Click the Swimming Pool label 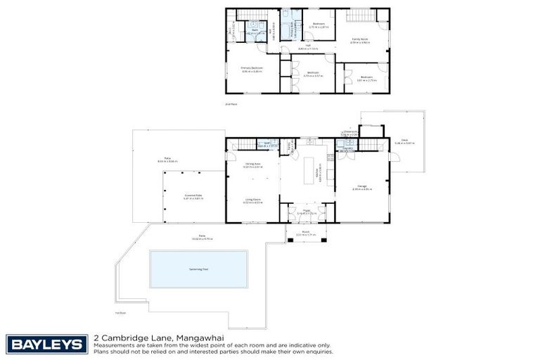pyautogui.click(x=200, y=269)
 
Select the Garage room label pyautogui.click(x=361, y=186)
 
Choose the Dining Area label pyautogui.click(x=252, y=165)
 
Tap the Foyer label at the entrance pyautogui.click(x=307, y=210)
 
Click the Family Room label pyautogui.click(x=360, y=39)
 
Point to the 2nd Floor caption pyautogui.click(x=231, y=104)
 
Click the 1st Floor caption pyautogui.click(x=120, y=312)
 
